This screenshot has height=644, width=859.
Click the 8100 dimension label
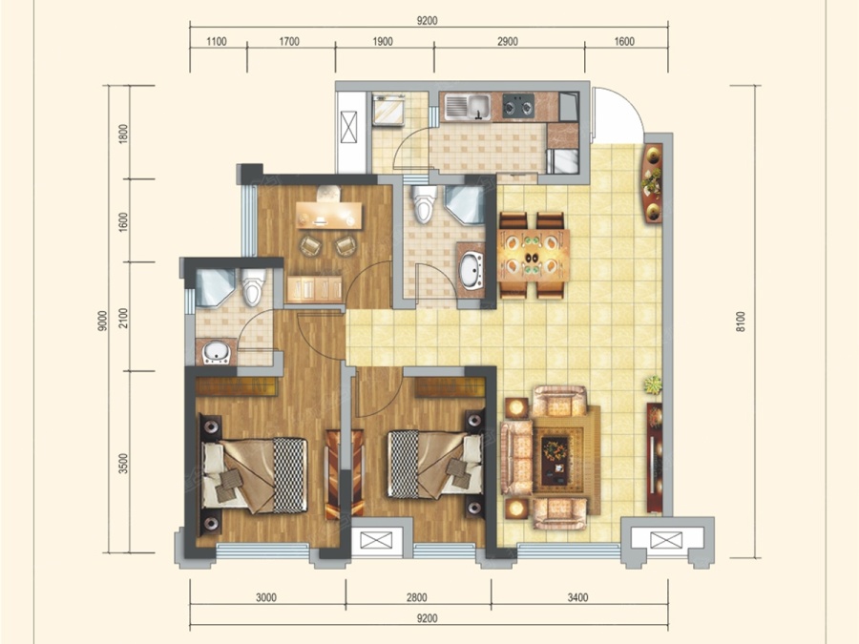pos(741,322)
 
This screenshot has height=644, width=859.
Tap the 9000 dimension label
pos(102,321)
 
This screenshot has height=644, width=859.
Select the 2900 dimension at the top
pos(508,42)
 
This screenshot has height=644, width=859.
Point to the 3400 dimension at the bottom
pos(578,597)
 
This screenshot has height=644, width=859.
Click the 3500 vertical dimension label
pos(123,464)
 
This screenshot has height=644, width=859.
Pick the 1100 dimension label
pos(217,42)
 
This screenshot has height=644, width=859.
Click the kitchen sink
pos(468,106)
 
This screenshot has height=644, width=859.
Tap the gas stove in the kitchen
pos(518,106)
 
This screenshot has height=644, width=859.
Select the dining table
pos(533,255)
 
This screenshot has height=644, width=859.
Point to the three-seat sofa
pos(516,457)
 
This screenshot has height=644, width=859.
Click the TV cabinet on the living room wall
pos(654,458)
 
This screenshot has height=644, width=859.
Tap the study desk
pos(328,216)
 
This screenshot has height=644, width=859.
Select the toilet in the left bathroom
pos(253,286)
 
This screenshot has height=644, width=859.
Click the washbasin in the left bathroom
pos(217,351)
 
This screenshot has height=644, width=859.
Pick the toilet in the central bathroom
pos(425,204)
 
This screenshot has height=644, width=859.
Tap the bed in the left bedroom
pos(254,475)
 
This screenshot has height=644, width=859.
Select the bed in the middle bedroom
pos(435,465)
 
